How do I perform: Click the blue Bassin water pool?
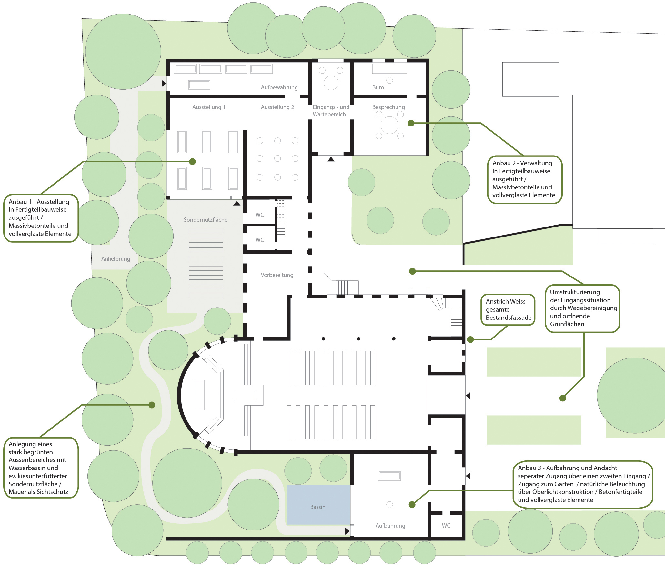click(x=318, y=505)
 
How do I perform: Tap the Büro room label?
click(x=378, y=87)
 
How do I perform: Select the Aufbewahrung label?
click(x=279, y=87)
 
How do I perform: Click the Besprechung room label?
click(x=388, y=107)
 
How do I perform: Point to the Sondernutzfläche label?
click(x=206, y=220)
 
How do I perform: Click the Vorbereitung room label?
click(x=277, y=275)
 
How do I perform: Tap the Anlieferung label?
click(x=116, y=259)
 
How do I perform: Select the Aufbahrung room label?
click(x=390, y=526)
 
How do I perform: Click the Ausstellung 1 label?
click(x=209, y=107)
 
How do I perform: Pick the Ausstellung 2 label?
click(x=277, y=107)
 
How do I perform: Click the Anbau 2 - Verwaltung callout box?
click(x=525, y=180)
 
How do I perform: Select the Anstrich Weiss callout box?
click(x=508, y=310)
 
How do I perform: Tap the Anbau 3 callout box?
click(x=583, y=484)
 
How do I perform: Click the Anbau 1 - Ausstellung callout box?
click(x=41, y=218)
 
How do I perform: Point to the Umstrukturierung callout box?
click(x=582, y=308)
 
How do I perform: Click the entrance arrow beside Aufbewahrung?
click(x=164, y=84)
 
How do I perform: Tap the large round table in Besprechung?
click(x=389, y=125)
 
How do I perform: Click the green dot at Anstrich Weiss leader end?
click(x=470, y=339)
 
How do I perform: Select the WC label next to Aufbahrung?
click(x=446, y=526)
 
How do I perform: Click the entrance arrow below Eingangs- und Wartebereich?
click(x=331, y=159)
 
